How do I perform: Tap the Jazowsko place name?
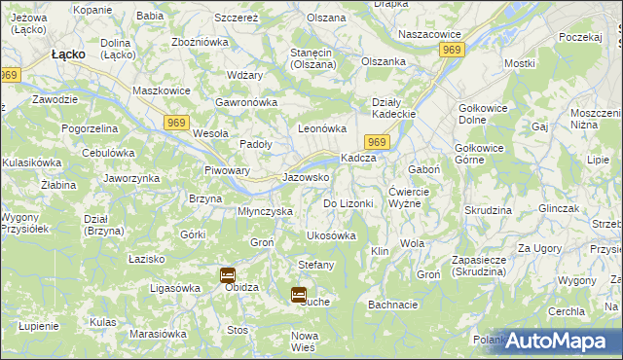coord(305,178)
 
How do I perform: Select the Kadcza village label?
coord(358,159)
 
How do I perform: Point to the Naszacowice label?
coord(429,34)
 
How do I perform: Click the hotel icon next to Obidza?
coord(227,274)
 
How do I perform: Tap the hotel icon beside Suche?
coord(299,293)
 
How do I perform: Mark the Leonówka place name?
coord(322,127)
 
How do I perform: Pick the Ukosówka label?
coord(331,235)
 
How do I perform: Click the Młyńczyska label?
coord(266,211)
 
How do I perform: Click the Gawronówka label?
coord(247,102)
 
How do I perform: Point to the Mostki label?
coord(520,63)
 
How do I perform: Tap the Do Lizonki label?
coord(348,203)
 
